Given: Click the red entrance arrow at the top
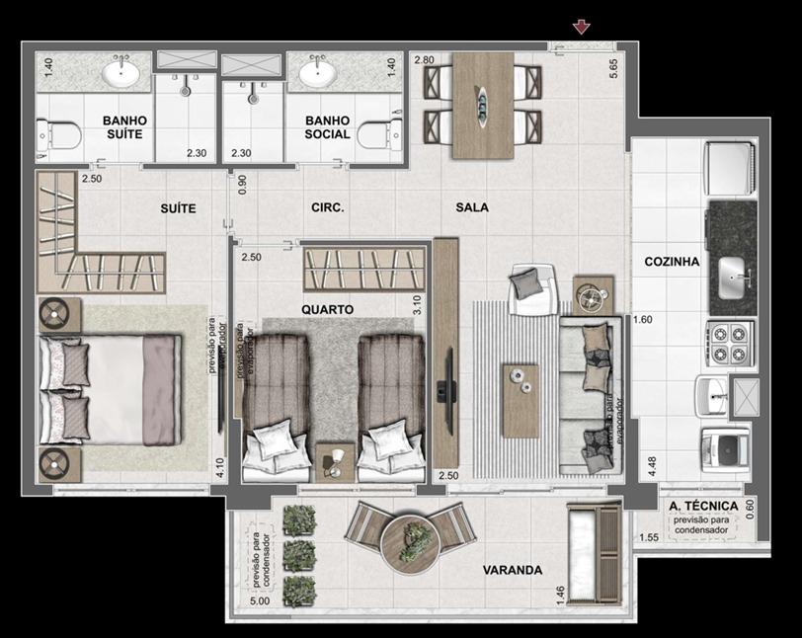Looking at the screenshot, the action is pos(582,27).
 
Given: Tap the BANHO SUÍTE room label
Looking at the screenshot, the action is pos(124,127).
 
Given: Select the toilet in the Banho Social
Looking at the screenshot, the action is pos(379,134).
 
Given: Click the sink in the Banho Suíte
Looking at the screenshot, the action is pos(120,73).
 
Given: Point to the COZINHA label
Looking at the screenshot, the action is pos(672,262).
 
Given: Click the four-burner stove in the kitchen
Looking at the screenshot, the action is pos(730,343).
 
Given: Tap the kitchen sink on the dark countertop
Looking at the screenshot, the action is pos(733,278).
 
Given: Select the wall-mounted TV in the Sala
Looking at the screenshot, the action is pos(448,391).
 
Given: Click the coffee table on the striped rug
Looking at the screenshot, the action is pos(521,401).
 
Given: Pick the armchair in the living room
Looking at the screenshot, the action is pos(532,289).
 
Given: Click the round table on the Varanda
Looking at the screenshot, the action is pos(410,541).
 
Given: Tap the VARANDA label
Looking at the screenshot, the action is pos(513,570).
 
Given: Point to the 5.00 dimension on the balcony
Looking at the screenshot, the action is pos(260,600).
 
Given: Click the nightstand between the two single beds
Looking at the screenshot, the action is pos(335,463).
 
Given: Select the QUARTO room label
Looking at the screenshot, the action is pos(327,309).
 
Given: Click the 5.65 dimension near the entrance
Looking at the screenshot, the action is pos(613,68).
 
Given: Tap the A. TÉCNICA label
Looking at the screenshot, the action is pos(704,506).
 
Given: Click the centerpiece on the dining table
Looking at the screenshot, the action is pos(483,106).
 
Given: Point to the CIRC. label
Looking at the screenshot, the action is pos(328,207).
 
